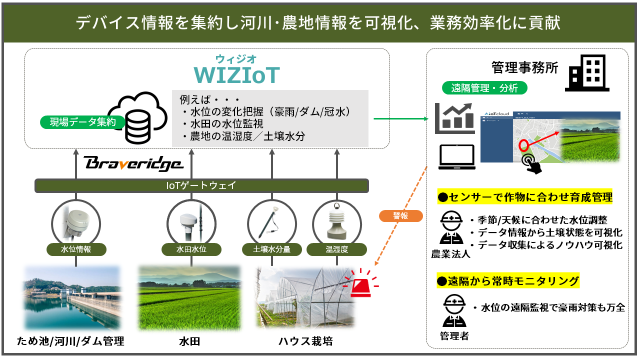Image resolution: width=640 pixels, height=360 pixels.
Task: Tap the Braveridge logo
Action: pyautogui.click(x=133, y=163)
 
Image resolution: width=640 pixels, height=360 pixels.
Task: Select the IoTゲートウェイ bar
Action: pyautogui.click(x=201, y=186)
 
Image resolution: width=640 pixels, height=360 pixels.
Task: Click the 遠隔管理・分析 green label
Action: pyautogui.click(x=484, y=88)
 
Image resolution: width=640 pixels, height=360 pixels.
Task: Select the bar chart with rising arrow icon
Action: pyautogui.click(x=454, y=118)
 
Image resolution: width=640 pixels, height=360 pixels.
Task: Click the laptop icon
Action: pyautogui.click(x=456, y=157)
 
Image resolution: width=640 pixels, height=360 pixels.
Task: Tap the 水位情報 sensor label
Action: pyautogui.click(x=76, y=249)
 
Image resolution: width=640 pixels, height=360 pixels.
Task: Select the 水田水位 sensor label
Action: pyautogui.click(x=191, y=249)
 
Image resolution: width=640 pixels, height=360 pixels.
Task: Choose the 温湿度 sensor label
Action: pyautogui.click(x=336, y=249)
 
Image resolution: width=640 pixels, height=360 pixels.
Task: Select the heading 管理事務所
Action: pyautogui.click(x=524, y=68)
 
